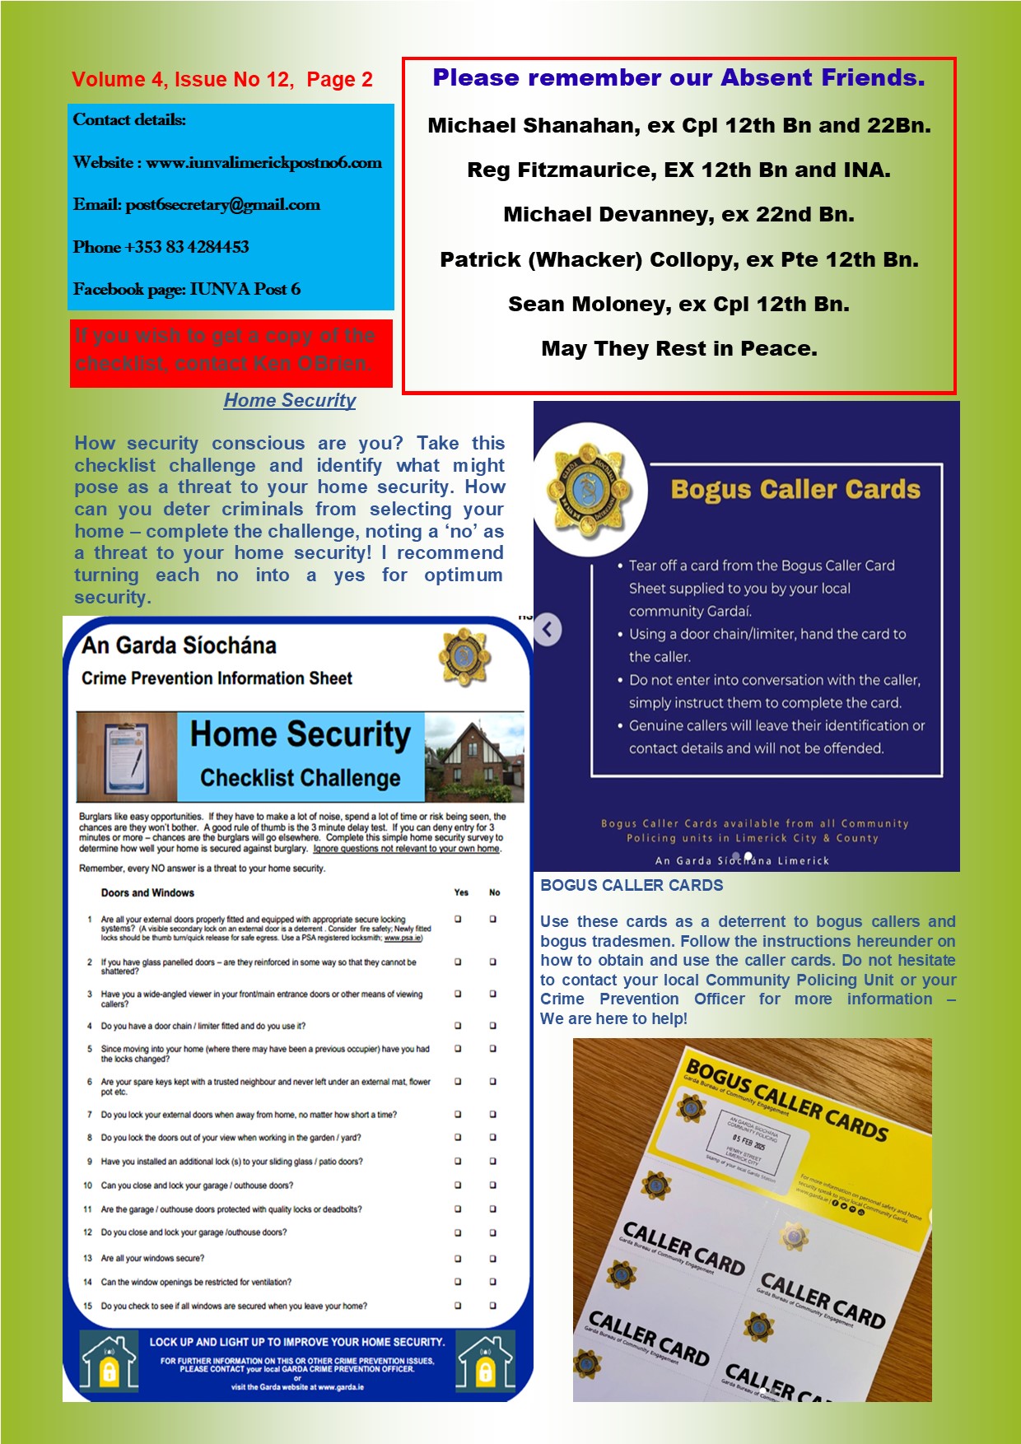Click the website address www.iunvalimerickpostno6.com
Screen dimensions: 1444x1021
point(263,163)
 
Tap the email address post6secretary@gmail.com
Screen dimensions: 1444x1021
point(222,205)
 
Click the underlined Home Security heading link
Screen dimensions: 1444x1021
point(290,401)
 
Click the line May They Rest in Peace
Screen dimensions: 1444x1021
point(679,349)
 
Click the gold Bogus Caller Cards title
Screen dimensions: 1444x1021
point(795,490)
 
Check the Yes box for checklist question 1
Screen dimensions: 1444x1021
point(459,920)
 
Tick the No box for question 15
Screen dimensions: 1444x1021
point(493,1306)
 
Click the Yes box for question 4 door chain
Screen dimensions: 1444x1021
point(459,1026)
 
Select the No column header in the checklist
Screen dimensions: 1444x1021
point(494,892)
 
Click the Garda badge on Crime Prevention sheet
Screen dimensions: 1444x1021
point(465,657)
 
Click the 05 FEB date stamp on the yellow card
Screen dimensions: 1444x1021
point(748,1144)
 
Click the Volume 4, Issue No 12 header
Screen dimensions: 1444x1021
point(222,80)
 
